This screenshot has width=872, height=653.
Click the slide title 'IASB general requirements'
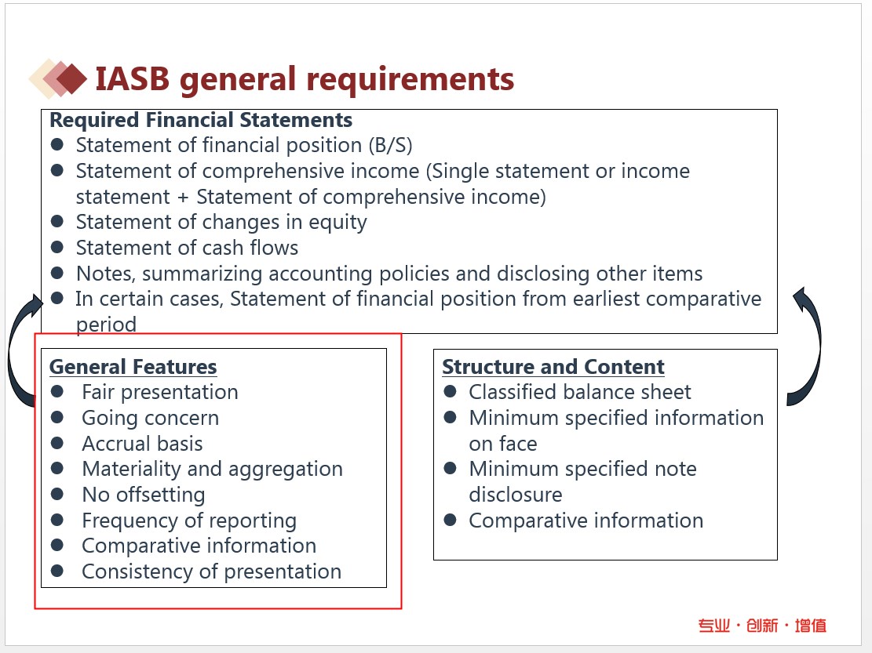[305, 79]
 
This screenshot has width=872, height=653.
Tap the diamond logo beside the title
[58, 79]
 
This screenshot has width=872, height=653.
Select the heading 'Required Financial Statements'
[201, 120]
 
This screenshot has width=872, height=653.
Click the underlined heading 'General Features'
[133, 367]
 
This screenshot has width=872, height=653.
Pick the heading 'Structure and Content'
[553, 367]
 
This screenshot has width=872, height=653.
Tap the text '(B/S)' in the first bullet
[390, 146]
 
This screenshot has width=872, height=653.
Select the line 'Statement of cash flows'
[187, 248]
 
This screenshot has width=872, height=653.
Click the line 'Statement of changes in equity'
[221, 222]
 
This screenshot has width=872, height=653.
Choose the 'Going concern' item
[150, 418]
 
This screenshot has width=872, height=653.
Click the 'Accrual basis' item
[142, 444]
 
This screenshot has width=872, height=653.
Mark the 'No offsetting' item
[144, 495]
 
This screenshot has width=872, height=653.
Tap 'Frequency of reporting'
[189, 521]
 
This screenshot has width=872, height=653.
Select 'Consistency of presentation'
[211, 571]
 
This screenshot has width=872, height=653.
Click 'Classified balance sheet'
[579, 392]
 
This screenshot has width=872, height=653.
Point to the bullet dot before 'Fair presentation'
[57, 391]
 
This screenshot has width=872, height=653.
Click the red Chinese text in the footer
[762, 626]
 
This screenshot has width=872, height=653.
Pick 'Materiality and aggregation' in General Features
[213, 470]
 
